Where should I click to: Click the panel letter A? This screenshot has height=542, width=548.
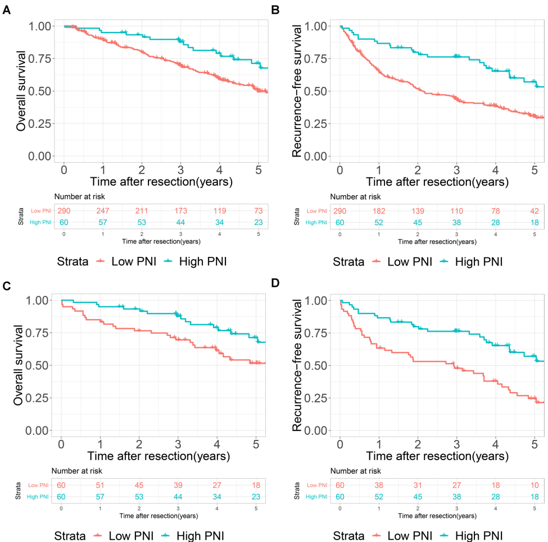(x=7, y=10)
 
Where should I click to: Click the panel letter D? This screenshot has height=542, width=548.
(x=275, y=285)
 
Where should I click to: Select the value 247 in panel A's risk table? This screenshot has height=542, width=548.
(x=103, y=211)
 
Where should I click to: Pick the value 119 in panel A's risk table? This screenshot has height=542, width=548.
(x=220, y=211)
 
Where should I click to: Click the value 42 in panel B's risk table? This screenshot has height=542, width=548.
(x=535, y=211)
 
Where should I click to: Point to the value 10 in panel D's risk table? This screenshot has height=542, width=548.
(x=535, y=485)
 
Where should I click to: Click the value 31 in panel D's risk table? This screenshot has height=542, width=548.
(x=418, y=485)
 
